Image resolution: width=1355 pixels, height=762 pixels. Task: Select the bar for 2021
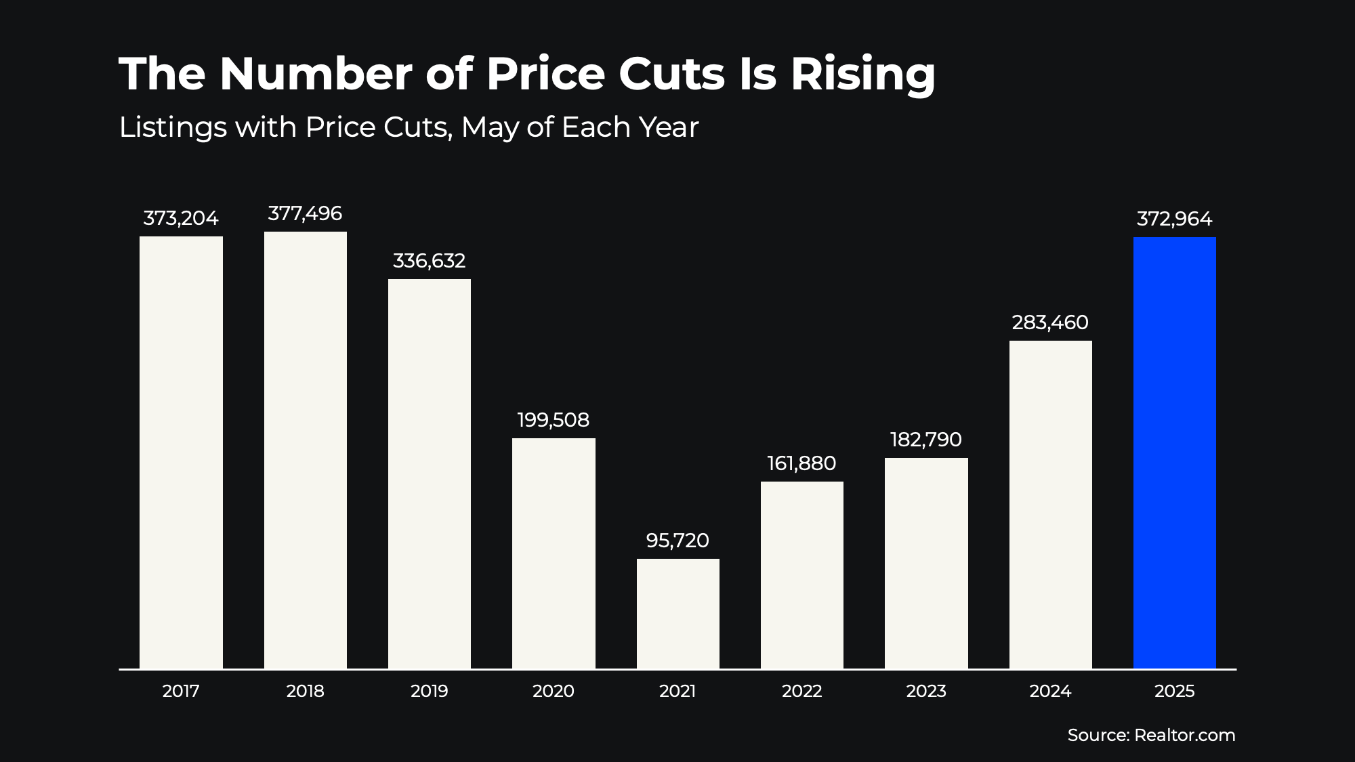point(677,614)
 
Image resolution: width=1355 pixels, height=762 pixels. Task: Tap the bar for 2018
point(305,450)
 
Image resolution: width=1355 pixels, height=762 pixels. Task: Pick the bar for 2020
point(554,553)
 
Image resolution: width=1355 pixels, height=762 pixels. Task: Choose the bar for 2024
point(1050,505)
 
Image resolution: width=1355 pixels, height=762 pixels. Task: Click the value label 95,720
point(677,541)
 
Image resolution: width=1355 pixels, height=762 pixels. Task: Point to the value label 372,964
point(1174,219)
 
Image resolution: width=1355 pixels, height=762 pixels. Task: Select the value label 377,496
point(305,213)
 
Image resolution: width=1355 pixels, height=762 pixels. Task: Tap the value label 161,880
point(801,463)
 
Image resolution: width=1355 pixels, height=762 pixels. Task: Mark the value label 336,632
point(429,261)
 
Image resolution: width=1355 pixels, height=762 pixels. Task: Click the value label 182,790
point(925,440)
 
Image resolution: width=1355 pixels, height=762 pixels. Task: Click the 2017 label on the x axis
point(181,691)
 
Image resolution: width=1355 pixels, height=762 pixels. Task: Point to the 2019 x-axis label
point(429,691)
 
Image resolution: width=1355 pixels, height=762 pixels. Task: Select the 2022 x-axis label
point(801,691)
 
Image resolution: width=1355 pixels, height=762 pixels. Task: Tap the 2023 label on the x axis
point(925,691)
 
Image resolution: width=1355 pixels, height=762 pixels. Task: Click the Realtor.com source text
point(1184,735)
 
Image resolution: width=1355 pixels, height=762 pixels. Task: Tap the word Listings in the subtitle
point(173,127)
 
